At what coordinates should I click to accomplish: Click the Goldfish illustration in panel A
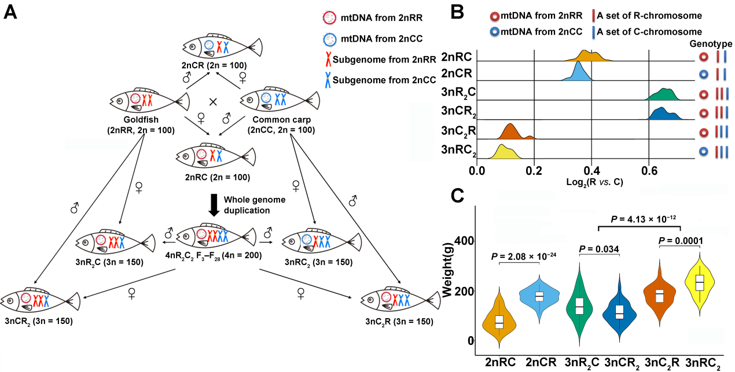142,101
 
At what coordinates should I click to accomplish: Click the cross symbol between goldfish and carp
212,102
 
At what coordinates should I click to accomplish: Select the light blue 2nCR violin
539,297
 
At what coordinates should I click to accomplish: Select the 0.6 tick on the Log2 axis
649,172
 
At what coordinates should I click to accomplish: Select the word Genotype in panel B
712,44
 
